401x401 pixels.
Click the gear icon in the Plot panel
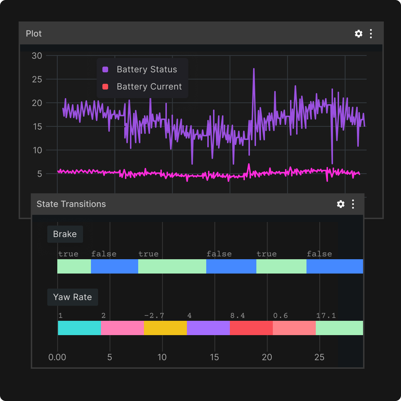[x=358, y=34]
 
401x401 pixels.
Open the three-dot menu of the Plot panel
[x=371, y=34]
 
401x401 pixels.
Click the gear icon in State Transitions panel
[x=340, y=204]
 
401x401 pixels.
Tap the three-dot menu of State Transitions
[x=353, y=204]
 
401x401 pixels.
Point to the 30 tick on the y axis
[x=37, y=55]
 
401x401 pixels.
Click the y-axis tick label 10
[x=38, y=150]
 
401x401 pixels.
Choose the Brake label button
[x=65, y=234]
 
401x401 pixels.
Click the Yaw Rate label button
[x=72, y=297]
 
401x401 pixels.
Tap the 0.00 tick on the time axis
[x=57, y=357]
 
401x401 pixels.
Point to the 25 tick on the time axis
[x=319, y=357]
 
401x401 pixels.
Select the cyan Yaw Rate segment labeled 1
[x=79, y=328]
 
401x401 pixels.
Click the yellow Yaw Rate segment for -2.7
[x=165, y=328]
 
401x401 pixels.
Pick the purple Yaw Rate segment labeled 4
[x=208, y=328]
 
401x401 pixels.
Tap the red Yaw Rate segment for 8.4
[x=251, y=328]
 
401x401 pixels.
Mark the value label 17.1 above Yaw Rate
[x=326, y=316]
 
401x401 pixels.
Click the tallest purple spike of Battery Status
[x=254, y=69]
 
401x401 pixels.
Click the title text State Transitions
[x=71, y=204]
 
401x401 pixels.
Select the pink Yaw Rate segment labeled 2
[x=122, y=328]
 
